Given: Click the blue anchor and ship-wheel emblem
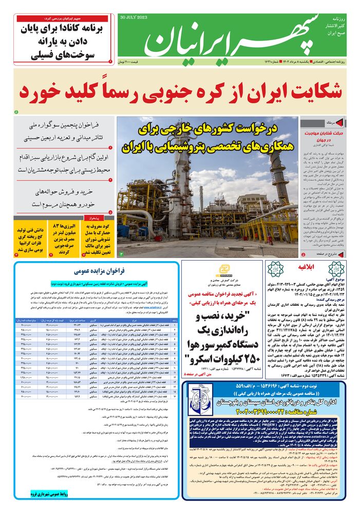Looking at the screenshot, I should click(199, 399).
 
